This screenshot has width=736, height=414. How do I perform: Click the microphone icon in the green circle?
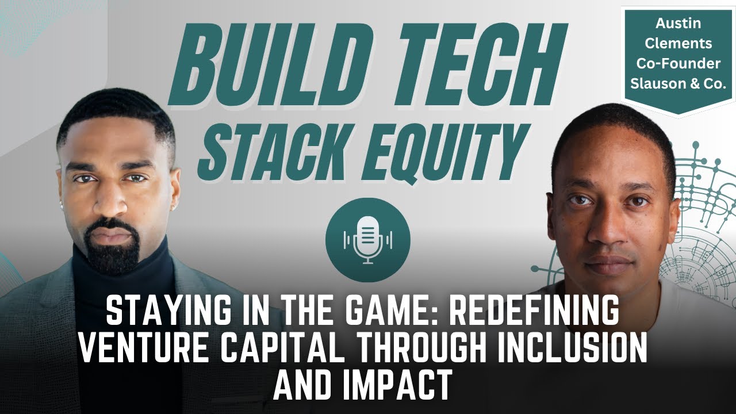click(x=368, y=239)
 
